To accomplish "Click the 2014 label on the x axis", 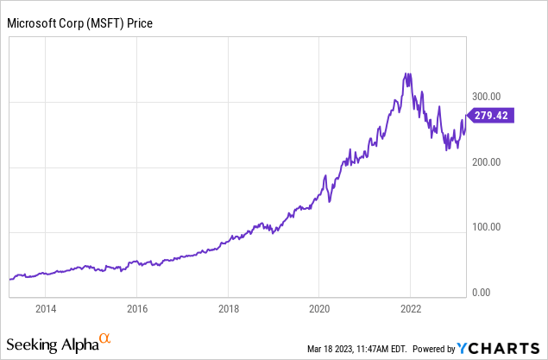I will pos(46,309).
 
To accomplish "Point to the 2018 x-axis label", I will pos(228,309).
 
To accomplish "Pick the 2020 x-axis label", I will pos(319,309).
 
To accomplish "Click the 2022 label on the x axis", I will pos(410,309).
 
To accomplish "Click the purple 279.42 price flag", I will pos(491,116).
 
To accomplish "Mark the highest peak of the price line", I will pos(406,74).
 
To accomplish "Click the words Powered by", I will pos(434,349).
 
